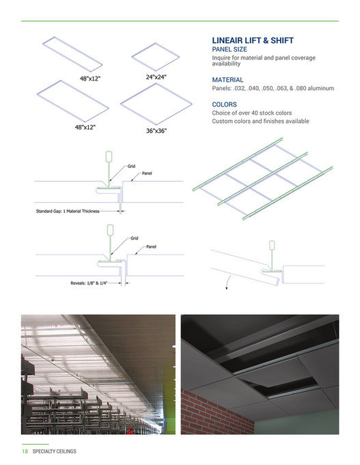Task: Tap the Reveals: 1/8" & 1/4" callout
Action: click(x=89, y=282)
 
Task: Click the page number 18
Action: click(x=25, y=451)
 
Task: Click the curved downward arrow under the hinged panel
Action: click(x=226, y=283)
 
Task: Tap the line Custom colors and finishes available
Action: click(x=261, y=121)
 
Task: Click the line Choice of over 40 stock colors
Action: click(x=251, y=113)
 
